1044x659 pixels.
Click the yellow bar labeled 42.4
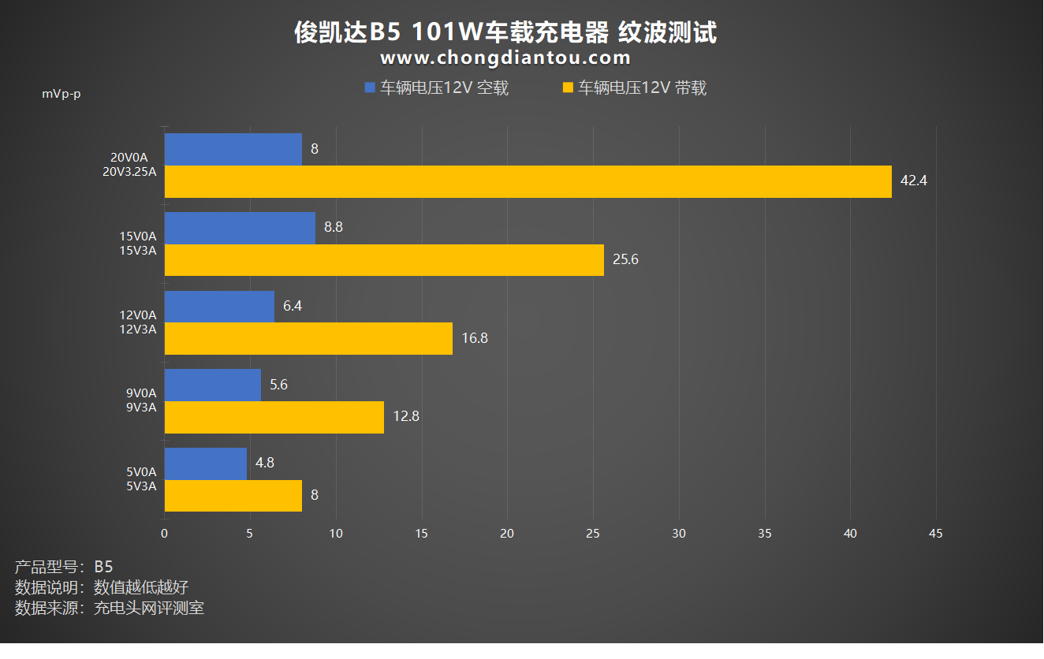528,181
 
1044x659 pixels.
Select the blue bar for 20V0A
233,149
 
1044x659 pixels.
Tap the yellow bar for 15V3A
384,260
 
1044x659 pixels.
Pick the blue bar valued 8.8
240,228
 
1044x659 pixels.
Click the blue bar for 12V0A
219,307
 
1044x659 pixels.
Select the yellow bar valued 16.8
308,338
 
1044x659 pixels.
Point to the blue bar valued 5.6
212,385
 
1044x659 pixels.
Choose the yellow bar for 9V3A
274,417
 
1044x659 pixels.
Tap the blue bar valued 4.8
205,464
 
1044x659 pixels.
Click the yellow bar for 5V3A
233,496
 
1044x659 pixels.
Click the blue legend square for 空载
370,88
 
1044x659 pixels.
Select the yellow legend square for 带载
568,88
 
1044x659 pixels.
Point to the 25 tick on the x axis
593,534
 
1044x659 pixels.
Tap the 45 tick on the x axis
936,534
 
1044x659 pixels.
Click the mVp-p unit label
62,95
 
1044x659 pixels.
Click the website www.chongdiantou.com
505,58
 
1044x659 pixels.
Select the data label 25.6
625,259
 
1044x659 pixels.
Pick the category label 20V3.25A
129,172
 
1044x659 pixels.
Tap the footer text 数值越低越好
141,587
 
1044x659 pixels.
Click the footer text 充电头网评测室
149,608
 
